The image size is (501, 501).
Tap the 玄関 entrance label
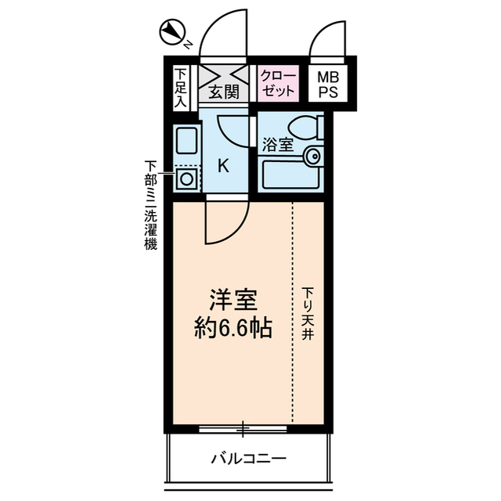pos(224,92)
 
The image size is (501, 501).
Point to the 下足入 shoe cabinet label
pos(180,87)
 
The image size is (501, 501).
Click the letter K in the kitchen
pos(223,165)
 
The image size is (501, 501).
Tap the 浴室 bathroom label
pos(278,145)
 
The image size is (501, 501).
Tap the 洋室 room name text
pos(232,300)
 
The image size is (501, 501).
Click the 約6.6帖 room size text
pos(232,329)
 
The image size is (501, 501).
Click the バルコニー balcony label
pos(249,458)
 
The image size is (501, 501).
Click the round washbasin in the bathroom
pos(312,155)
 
